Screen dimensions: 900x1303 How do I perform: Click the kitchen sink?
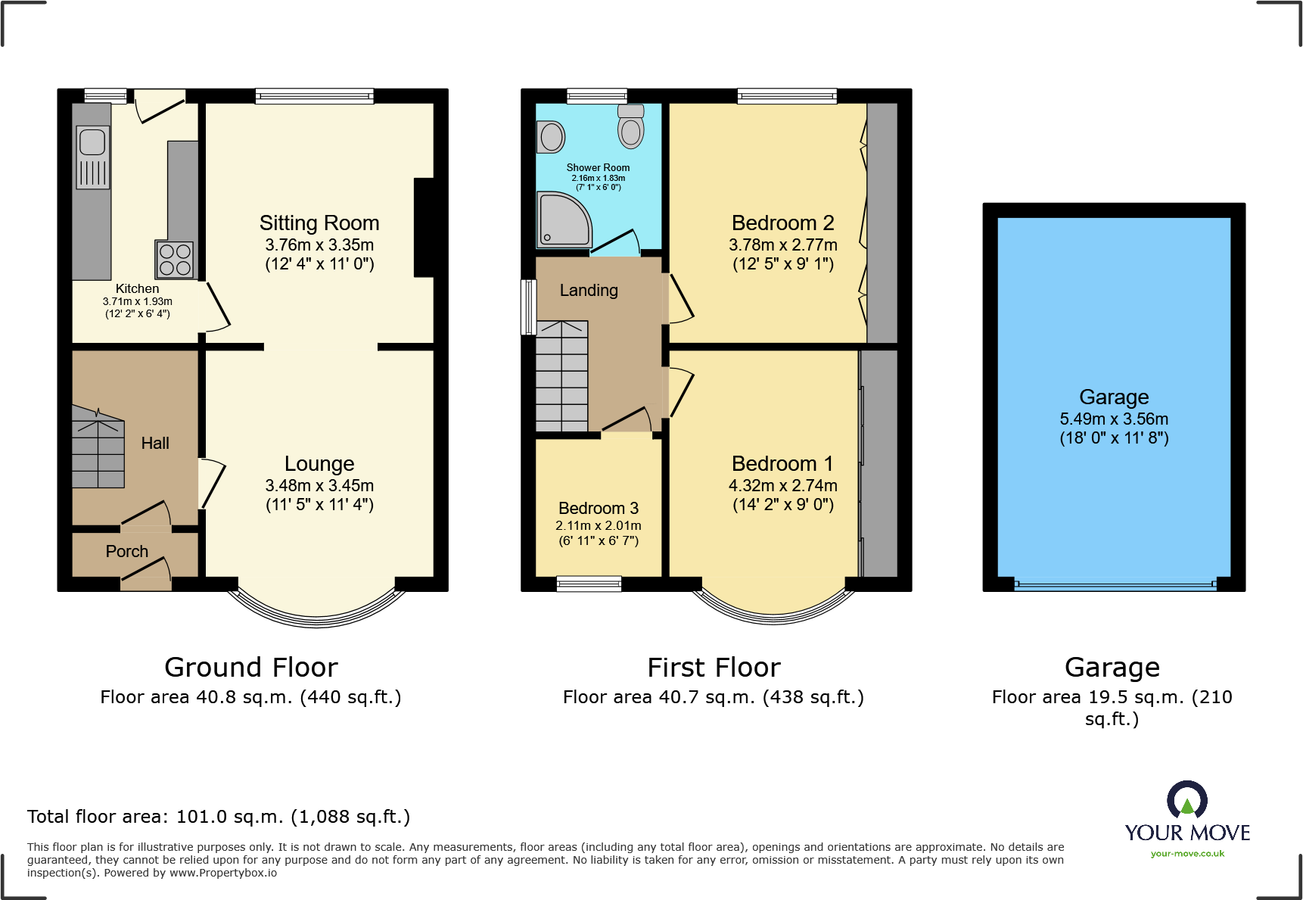pyautogui.click(x=92, y=142)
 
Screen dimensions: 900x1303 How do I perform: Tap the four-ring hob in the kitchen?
pyautogui.click(x=175, y=260)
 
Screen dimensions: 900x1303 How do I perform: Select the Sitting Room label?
pyautogui.click(x=319, y=223)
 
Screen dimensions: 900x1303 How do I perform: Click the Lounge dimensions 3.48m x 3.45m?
pyautogui.click(x=319, y=485)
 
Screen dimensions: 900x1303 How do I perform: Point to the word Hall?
pyautogui.click(x=155, y=444)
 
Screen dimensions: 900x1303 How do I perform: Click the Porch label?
pyautogui.click(x=127, y=552)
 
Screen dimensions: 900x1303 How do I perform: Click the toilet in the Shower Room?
pyautogui.click(x=630, y=126)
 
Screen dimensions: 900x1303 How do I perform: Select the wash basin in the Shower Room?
pyautogui.click(x=552, y=137)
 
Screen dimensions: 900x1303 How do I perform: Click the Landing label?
pyautogui.click(x=589, y=291)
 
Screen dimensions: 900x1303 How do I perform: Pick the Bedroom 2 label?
pyautogui.click(x=782, y=223)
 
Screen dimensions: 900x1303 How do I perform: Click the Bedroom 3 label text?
pyautogui.click(x=599, y=509)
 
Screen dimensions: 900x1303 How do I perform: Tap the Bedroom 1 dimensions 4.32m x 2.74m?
pyautogui.click(x=782, y=485)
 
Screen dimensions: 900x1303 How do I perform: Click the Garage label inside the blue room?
pyautogui.click(x=1114, y=397)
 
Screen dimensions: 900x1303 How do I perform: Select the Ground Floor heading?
pyautogui.click(x=250, y=668)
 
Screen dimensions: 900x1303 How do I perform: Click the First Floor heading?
pyautogui.click(x=714, y=668)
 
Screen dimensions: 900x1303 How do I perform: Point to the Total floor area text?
pyautogui.click(x=219, y=817)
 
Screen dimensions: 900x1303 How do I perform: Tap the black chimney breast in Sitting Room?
pyautogui.click(x=424, y=227)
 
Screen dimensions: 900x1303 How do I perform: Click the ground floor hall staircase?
pyautogui.click(x=98, y=448)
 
